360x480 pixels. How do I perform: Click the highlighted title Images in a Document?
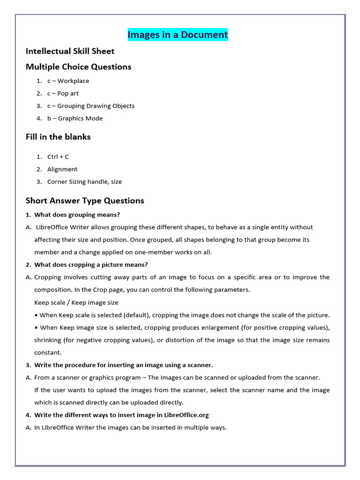coord(178,35)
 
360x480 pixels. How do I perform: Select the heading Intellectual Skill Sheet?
coord(70,51)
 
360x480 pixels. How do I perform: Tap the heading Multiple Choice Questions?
coord(78,67)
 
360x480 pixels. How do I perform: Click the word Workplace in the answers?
coord(73,81)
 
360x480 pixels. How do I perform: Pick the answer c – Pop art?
coord(63,93)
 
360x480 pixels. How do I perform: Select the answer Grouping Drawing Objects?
coord(96,106)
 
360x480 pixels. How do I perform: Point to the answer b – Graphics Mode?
coord(75,119)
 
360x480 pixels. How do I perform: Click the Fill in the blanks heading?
coord(58,137)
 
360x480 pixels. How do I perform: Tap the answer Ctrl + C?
coord(58,157)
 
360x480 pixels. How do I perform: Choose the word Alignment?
coord(62,169)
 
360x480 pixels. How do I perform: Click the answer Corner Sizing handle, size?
coord(84,182)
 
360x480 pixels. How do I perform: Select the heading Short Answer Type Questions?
coord(85,201)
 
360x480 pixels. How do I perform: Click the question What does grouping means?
coord(77,215)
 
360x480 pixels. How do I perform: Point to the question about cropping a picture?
coord(91,265)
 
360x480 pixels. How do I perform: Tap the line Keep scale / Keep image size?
coord(76,302)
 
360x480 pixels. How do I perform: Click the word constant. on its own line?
coord(48,352)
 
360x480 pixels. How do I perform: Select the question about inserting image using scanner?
coord(123,365)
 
